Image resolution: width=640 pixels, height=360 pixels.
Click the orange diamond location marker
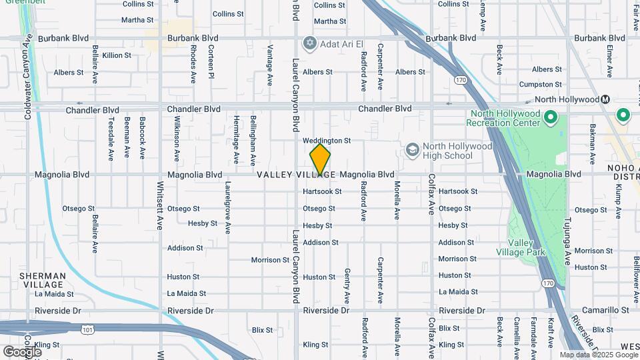tap(320, 159)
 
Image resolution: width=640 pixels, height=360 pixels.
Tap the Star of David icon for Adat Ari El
tap(309, 44)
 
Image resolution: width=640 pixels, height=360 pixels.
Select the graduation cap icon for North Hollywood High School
tap(412, 149)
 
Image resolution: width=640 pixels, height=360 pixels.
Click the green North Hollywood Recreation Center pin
tap(550, 119)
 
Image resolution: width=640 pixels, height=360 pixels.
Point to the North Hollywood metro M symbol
tap(605, 99)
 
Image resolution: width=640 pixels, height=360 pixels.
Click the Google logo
tap(22, 351)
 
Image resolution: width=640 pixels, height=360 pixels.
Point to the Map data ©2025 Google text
tap(599, 355)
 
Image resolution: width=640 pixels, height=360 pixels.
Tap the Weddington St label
tap(326, 141)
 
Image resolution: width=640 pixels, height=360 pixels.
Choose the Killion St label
tap(117, 55)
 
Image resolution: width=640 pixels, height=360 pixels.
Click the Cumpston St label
tap(541, 85)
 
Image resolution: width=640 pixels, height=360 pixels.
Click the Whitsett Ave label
tap(160, 206)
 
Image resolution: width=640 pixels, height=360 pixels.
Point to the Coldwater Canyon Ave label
tap(29, 77)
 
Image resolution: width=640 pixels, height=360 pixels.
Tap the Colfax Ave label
tap(431, 193)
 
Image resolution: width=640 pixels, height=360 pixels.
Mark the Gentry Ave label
tap(347, 286)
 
